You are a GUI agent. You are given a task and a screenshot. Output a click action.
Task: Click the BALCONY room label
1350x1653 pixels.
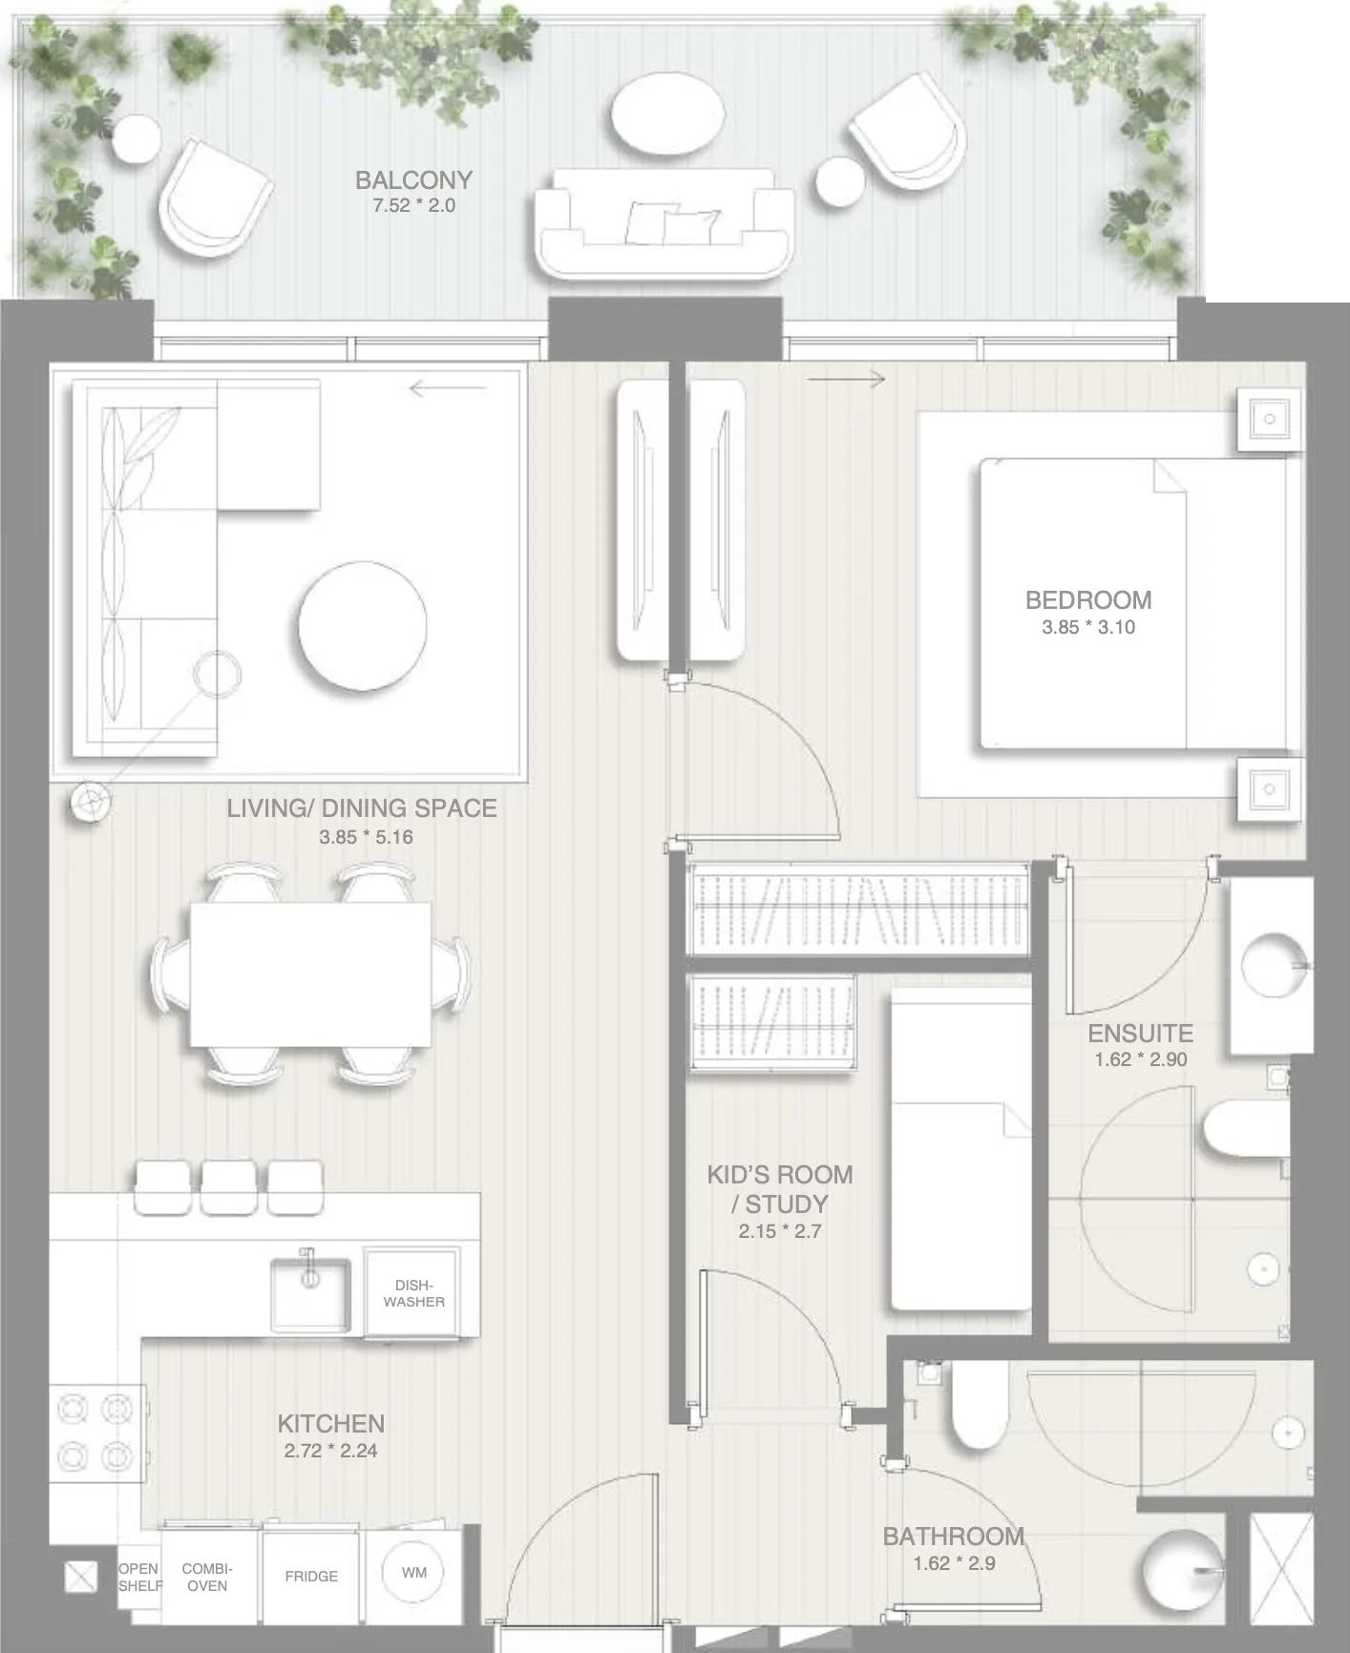coord(413,180)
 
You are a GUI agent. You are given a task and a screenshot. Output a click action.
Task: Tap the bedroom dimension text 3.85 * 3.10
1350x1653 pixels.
coord(1088,627)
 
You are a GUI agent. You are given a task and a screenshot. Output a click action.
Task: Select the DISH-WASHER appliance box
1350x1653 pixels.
coord(413,1293)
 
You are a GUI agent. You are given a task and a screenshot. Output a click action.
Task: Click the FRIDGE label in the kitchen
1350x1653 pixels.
coord(311,1576)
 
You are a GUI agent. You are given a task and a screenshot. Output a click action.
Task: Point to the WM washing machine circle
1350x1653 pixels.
coord(413,1572)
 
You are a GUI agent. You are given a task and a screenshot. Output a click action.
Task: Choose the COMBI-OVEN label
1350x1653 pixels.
coord(207,1577)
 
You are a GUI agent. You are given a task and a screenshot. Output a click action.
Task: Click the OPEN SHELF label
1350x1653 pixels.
coord(138,1577)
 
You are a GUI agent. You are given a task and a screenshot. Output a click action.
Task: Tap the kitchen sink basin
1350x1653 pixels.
coord(310,1294)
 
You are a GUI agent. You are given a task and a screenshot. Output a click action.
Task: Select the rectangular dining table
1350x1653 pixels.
coord(310,974)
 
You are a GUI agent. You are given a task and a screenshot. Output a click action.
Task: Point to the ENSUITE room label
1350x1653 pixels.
coord(1140,1034)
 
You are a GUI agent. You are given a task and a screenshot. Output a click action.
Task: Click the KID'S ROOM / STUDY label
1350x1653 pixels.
coord(780,1189)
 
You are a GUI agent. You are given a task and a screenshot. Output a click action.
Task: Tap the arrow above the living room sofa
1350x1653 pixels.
coord(448,387)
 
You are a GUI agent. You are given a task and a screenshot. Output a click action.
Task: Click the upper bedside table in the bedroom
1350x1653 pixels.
coord(1269,419)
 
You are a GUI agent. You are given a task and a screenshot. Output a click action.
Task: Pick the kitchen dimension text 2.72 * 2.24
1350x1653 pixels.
coord(330,1451)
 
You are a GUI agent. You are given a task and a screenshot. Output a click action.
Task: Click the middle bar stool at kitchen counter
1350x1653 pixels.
coord(229,1187)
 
